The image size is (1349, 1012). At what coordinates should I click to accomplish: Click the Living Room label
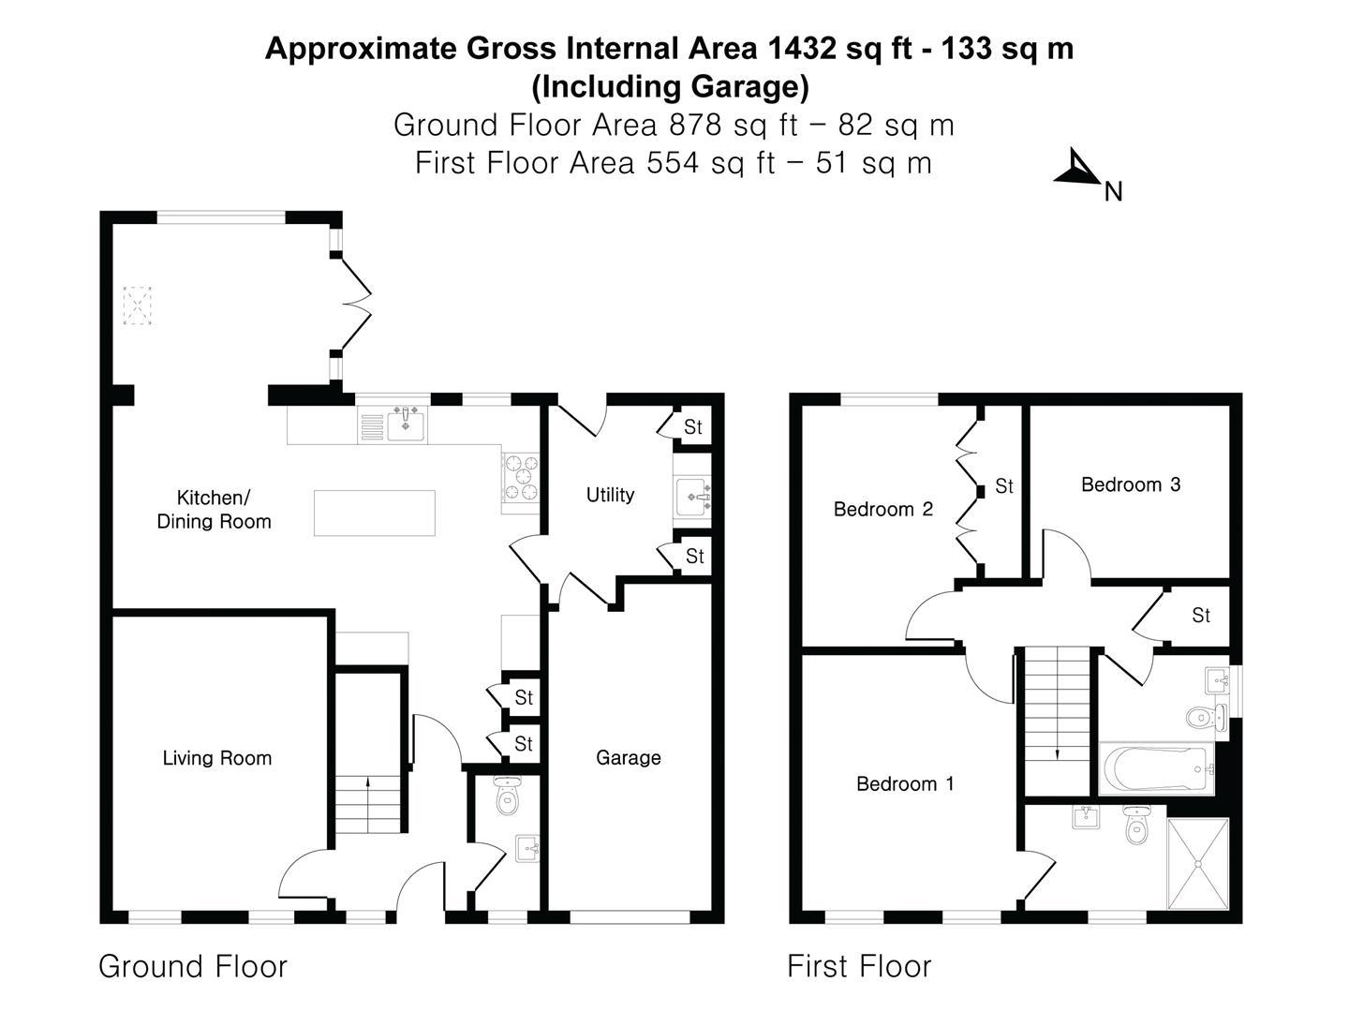[217, 758]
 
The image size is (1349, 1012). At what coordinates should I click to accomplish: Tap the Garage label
[628, 758]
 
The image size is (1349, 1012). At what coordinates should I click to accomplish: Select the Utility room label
[610, 495]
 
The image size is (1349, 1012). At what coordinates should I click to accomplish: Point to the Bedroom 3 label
[1131, 484]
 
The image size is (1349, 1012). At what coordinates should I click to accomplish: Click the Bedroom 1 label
[905, 783]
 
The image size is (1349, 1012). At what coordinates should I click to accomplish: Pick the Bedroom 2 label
[883, 509]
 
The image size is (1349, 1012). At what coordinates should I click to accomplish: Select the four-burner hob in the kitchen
[521, 477]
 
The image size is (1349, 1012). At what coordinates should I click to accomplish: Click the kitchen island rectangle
[375, 513]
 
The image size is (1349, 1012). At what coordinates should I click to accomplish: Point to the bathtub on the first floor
[1155, 769]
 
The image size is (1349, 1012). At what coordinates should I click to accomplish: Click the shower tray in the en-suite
[1198, 863]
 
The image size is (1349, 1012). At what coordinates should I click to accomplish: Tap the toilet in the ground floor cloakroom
[507, 796]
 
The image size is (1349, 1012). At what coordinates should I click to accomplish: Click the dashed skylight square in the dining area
[137, 305]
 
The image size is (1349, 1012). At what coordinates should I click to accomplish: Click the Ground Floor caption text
[192, 966]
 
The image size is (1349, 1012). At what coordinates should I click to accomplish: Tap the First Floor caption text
[858, 966]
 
